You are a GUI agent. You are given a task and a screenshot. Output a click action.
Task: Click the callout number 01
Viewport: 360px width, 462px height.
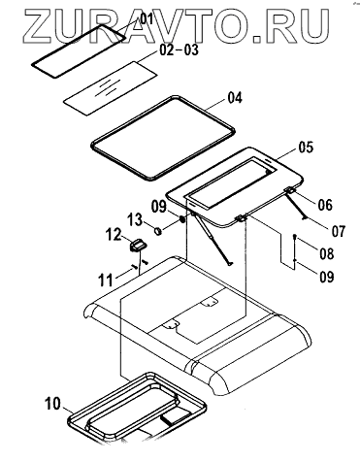coord(146,18)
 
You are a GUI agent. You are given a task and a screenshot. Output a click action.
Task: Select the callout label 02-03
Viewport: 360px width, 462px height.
coord(180,50)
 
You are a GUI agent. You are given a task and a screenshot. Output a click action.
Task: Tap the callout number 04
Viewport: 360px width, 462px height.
coord(235,98)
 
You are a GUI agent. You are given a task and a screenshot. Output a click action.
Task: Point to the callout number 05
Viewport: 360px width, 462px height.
coord(306,148)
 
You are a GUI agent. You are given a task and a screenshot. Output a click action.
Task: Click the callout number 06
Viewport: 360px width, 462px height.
coord(325,205)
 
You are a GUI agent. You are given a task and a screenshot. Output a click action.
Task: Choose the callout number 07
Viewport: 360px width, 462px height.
coord(339,231)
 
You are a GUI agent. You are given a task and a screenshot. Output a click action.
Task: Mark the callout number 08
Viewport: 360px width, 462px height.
coord(327,254)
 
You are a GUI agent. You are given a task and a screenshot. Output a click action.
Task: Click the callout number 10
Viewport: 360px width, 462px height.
coord(52,404)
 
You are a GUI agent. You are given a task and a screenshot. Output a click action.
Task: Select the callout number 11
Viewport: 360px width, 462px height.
coord(106,280)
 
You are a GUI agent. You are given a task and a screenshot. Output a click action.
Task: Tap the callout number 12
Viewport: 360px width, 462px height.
coord(114,235)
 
